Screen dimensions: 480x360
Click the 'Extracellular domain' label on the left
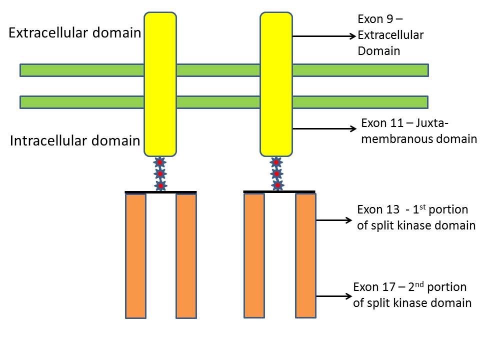tap(74, 33)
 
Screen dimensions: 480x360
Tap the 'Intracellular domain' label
tap(75, 141)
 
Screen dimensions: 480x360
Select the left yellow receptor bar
tap(160, 84)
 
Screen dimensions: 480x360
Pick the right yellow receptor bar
tap(276, 84)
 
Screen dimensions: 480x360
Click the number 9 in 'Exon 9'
tap(389, 19)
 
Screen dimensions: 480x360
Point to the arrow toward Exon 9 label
tap(324, 36)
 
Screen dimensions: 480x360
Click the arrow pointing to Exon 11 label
tap(324, 128)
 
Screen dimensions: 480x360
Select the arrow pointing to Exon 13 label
tap(334, 220)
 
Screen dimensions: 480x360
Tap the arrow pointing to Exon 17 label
tap(334, 296)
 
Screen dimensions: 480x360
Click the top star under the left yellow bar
tap(160, 162)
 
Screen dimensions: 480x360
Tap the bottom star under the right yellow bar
tap(277, 185)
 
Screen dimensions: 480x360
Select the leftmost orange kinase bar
tap(135, 256)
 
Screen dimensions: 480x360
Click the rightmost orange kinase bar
tap(305, 255)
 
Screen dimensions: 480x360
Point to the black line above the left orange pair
tap(160, 192)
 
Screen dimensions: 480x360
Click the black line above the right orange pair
tap(279, 191)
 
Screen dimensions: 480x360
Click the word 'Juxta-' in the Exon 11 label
tap(432, 123)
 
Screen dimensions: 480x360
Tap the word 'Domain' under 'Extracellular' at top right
tap(379, 51)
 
